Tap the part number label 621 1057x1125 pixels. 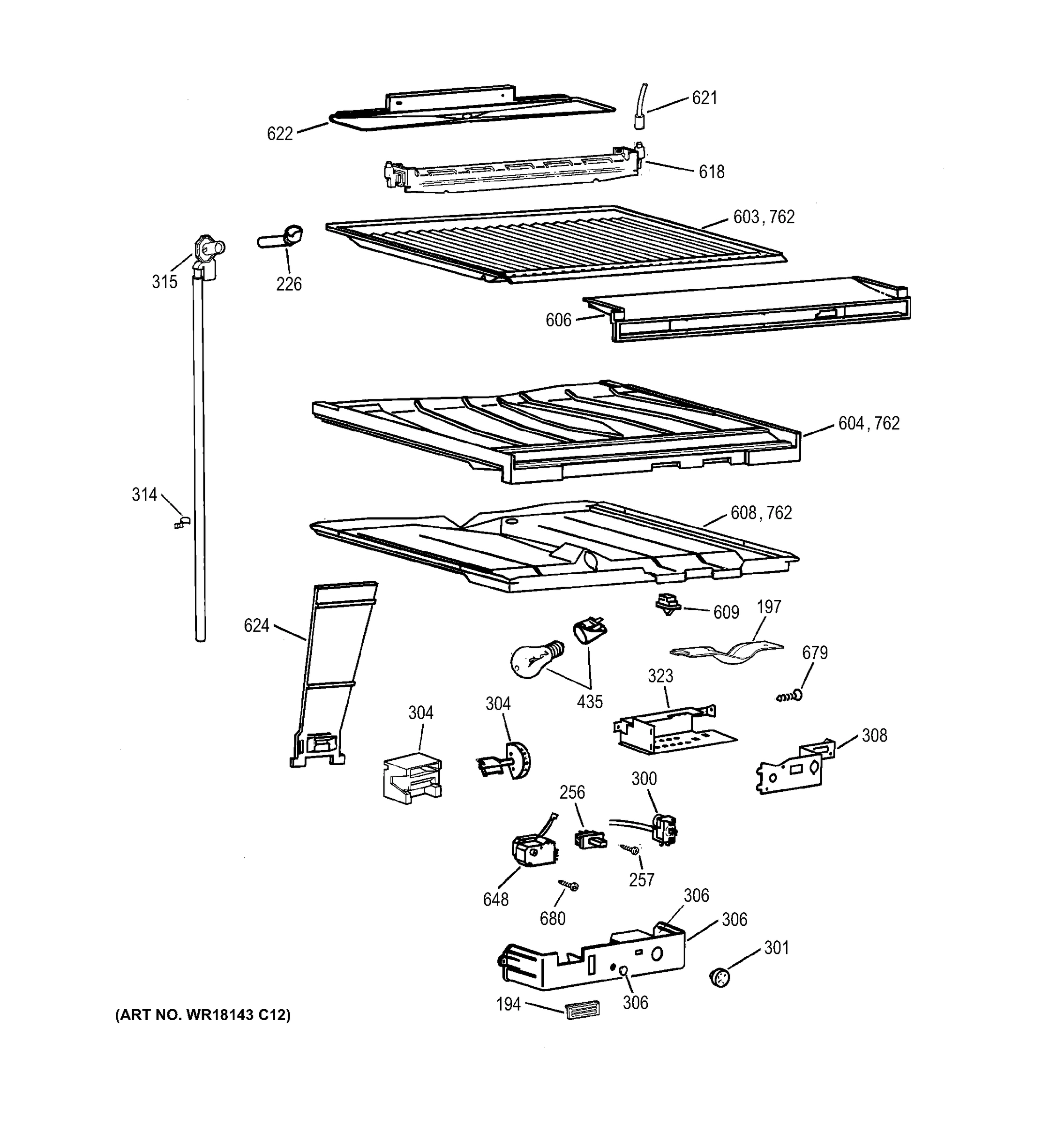(x=705, y=98)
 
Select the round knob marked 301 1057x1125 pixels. (x=719, y=977)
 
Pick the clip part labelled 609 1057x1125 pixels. (x=667, y=604)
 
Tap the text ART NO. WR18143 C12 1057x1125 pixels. (x=203, y=1015)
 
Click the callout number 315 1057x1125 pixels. (x=165, y=282)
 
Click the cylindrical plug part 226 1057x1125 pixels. (x=281, y=238)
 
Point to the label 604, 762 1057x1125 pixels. (x=869, y=423)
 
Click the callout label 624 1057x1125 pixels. (x=256, y=625)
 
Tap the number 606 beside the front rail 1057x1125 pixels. (x=558, y=320)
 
